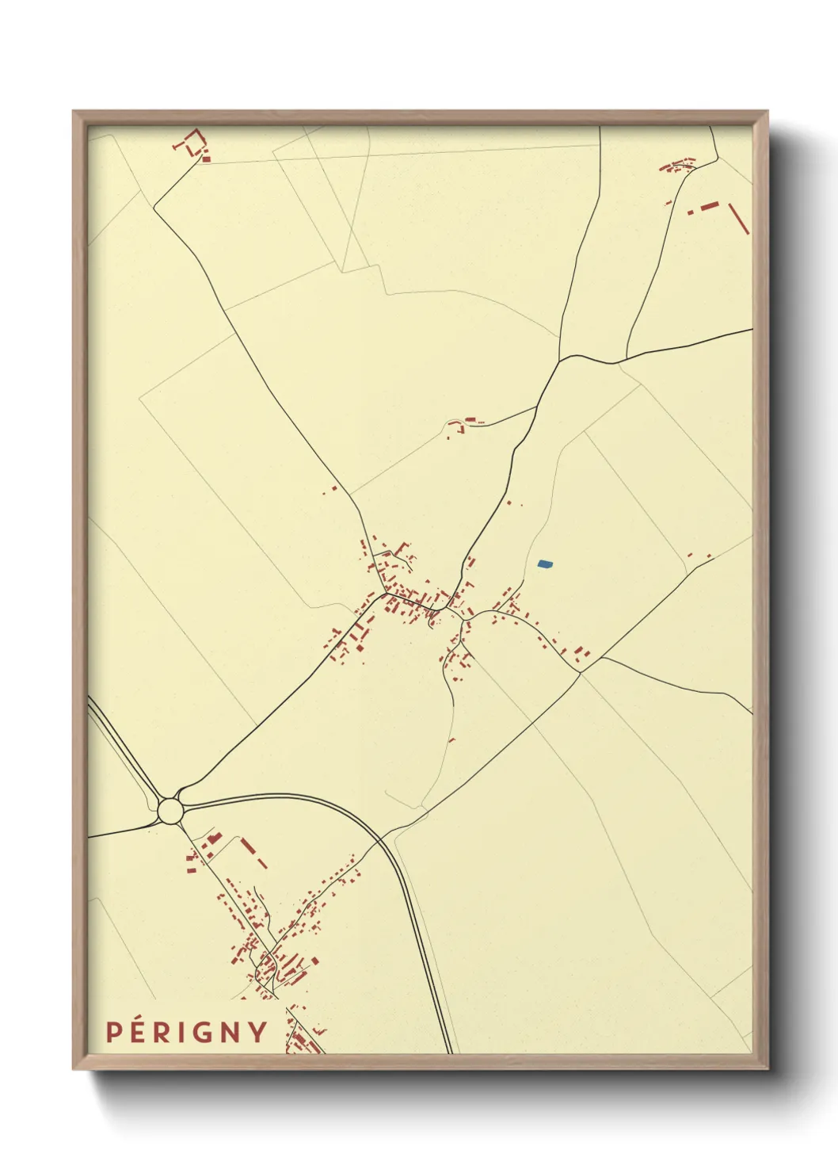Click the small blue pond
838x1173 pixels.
[x=545, y=564]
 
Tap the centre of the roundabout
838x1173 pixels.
[x=170, y=811]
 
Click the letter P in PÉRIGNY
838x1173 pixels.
[x=114, y=1032]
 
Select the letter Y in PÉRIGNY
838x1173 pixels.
[x=258, y=1032]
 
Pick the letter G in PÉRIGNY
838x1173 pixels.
[x=204, y=1032]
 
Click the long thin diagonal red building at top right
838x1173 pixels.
[x=738, y=218]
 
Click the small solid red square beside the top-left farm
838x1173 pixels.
[x=207, y=159]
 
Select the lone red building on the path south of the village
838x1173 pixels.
[x=452, y=740]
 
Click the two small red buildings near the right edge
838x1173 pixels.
[x=699, y=556]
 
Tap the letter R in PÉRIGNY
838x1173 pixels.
[x=163, y=1032]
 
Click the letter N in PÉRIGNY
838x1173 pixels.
[x=231, y=1032]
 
